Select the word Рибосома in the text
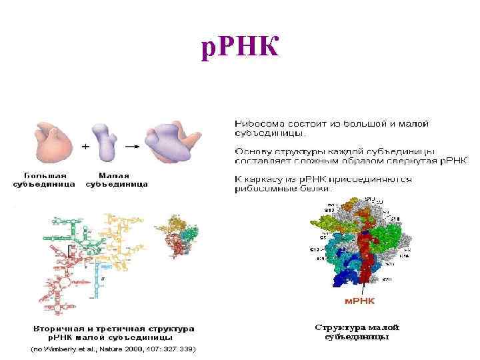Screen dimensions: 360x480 tap(257, 124)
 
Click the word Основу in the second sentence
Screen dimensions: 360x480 tap(252, 151)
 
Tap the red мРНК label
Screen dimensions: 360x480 tap(359, 301)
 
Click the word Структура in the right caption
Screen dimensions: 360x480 tap(339, 327)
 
